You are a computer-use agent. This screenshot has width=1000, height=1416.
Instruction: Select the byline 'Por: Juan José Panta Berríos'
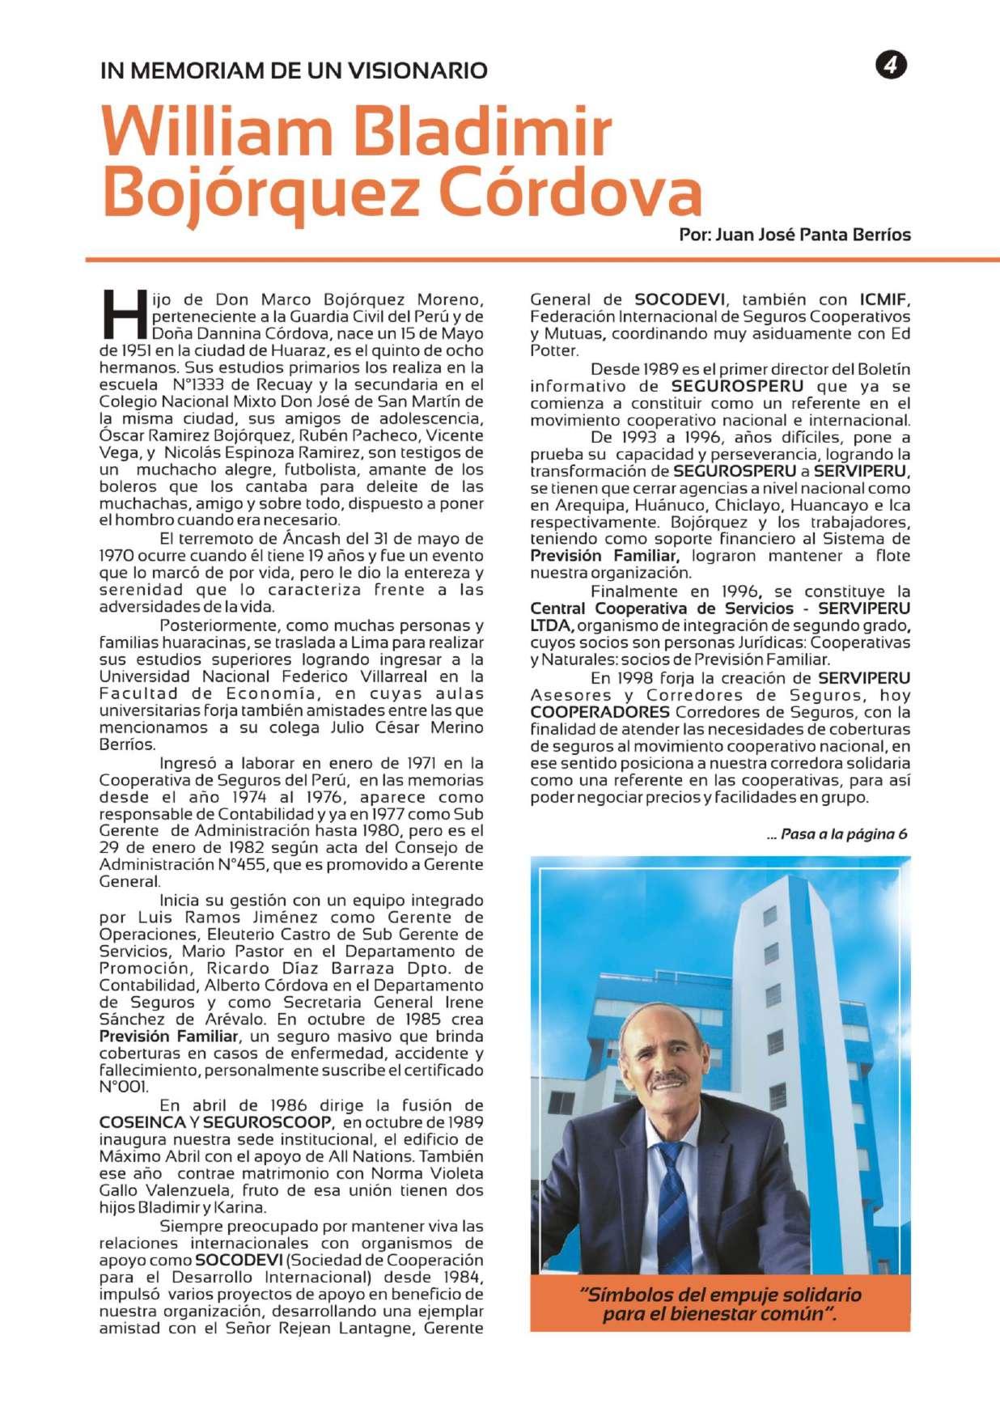794,235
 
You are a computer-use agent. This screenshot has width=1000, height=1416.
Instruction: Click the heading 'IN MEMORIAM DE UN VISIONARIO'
294,70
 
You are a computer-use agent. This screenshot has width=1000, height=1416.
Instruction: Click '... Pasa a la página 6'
837,834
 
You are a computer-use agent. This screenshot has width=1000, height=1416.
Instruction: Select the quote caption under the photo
720,1304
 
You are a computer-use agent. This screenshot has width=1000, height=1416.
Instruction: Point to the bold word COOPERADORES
600,712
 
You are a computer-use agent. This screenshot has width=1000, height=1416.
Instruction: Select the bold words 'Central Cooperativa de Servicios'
661,608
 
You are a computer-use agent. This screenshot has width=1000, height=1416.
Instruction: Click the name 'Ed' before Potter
900,333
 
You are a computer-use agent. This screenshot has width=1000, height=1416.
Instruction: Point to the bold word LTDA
551,625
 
